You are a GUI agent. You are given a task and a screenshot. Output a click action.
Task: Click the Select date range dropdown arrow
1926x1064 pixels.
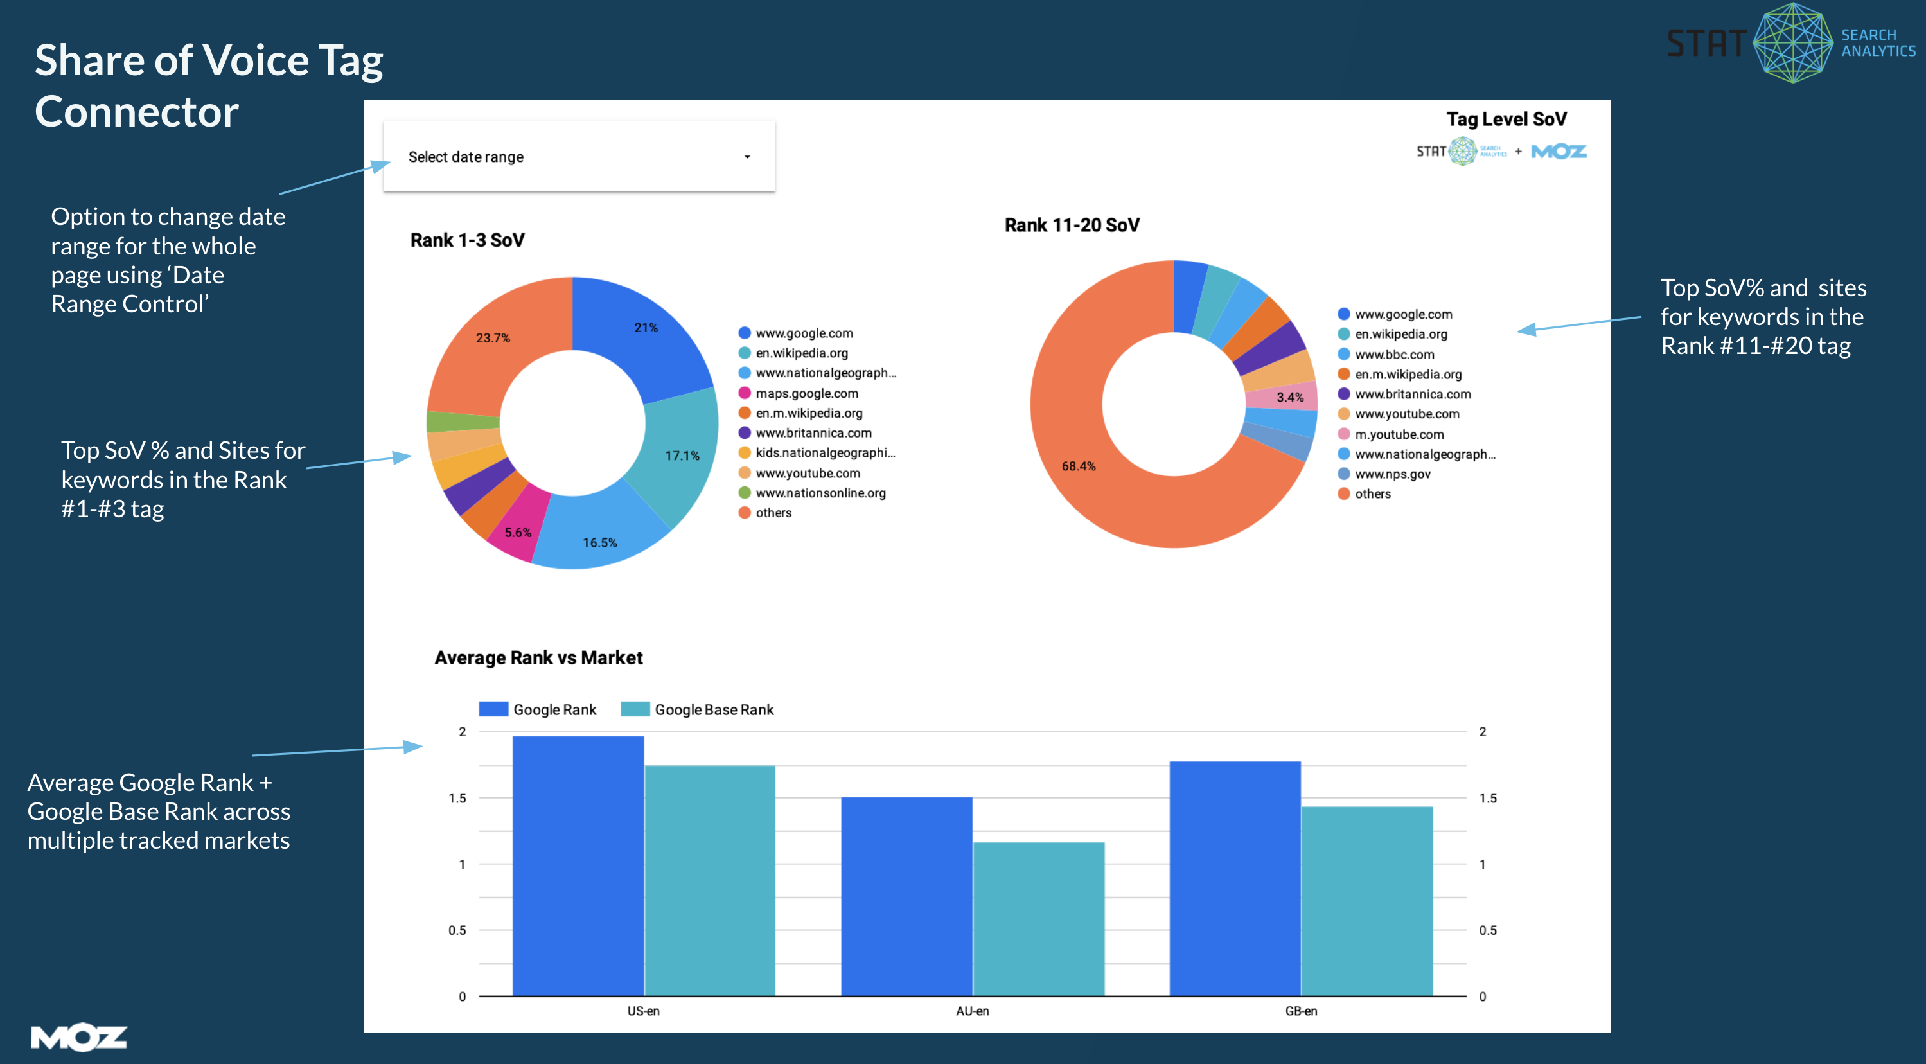click(746, 157)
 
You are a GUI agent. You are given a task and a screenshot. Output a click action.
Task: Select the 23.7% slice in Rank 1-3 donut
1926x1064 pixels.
click(493, 338)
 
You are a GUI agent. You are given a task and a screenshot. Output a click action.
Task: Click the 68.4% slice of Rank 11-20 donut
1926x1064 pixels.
click(1079, 466)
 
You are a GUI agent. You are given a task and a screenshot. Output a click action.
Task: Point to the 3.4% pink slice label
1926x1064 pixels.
click(1290, 397)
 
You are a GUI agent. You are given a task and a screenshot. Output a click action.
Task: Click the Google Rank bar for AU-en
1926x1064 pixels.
click(906, 897)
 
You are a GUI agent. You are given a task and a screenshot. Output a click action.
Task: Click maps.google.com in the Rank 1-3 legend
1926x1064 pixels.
click(806, 393)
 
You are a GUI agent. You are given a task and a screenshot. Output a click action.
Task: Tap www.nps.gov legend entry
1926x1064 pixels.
click(1392, 474)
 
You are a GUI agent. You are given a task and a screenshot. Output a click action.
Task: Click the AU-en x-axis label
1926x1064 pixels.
click(972, 1011)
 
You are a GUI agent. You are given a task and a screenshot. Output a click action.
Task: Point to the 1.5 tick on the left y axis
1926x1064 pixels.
click(457, 798)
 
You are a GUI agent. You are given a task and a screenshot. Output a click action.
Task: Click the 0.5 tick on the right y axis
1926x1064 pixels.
click(1487, 930)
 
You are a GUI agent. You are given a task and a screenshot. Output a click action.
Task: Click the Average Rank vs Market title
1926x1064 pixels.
click(538, 658)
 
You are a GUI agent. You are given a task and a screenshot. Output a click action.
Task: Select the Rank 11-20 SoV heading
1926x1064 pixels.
click(1072, 225)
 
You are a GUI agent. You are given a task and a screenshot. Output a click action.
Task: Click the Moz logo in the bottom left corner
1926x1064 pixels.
click(78, 1037)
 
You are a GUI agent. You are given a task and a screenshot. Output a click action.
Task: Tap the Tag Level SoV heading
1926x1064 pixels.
click(1506, 120)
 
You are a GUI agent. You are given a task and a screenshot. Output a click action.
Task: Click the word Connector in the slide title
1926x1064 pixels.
click(137, 112)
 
